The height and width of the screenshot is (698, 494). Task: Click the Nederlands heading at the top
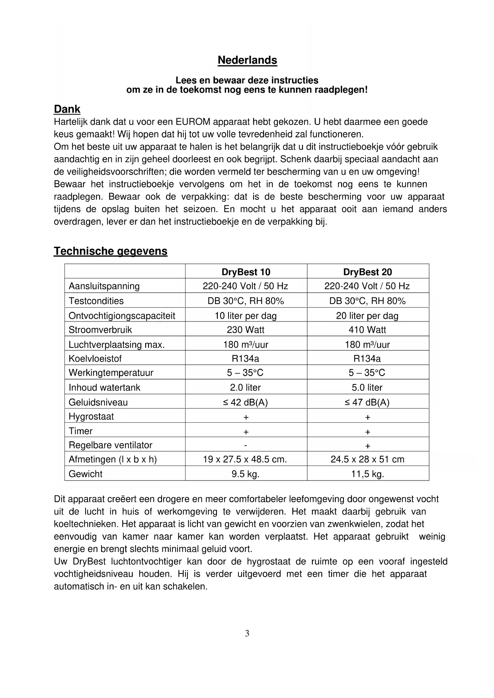[x=247, y=60]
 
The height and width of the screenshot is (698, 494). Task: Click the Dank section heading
[x=67, y=109]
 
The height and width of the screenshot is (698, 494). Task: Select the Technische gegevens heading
[x=110, y=251]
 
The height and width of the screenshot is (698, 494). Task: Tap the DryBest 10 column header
[x=246, y=272]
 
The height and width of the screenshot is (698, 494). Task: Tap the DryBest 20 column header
[x=367, y=272]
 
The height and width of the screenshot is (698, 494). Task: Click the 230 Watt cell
[x=246, y=330]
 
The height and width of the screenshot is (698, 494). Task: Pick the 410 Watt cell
[x=367, y=330]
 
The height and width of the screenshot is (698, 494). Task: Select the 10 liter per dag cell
[x=246, y=316]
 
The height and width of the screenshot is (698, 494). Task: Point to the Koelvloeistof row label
[x=95, y=359]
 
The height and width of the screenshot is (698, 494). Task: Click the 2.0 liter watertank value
[x=246, y=388]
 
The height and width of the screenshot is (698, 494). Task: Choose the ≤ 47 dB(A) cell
[x=367, y=402]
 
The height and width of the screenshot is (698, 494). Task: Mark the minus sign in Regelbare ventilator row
[x=246, y=445]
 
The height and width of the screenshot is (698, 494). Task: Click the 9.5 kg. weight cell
[x=246, y=474]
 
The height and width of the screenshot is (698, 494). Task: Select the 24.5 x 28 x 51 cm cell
[x=367, y=460]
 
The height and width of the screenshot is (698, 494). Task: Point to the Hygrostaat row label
[x=91, y=417]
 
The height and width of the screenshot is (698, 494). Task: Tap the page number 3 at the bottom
[x=247, y=634]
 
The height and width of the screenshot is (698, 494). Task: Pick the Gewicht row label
[x=86, y=474]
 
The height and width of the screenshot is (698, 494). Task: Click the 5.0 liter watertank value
[x=367, y=388]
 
